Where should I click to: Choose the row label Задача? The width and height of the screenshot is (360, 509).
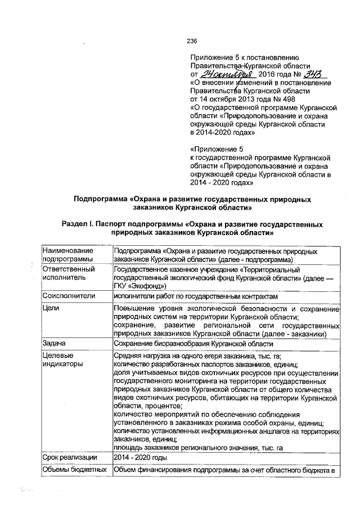(56, 343)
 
